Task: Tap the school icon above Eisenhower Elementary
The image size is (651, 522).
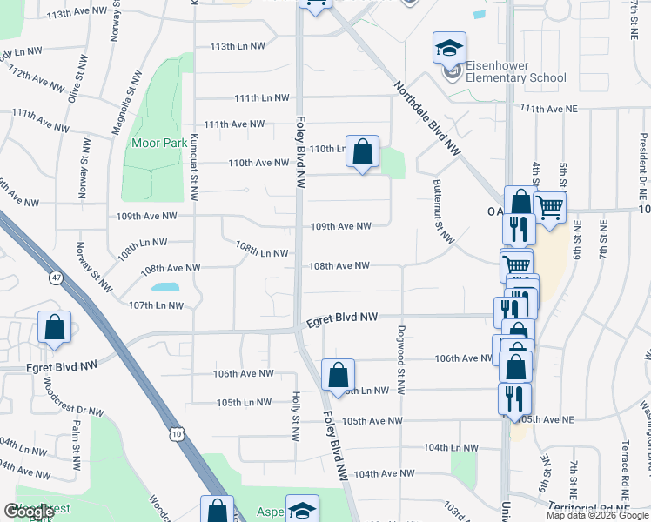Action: (x=450, y=47)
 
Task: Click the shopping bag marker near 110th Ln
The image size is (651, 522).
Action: (x=363, y=151)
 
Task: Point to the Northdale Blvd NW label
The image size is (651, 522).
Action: (x=426, y=118)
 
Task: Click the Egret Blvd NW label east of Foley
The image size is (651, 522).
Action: (x=341, y=320)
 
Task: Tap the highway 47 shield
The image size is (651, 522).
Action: (x=57, y=278)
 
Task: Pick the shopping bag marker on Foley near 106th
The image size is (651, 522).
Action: (x=338, y=375)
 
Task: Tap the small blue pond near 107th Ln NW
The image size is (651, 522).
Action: (x=164, y=286)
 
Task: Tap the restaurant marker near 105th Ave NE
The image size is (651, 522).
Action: (x=513, y=398)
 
